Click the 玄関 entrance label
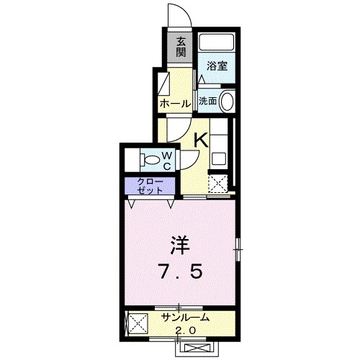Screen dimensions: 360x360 pyautogui.click(x=181, y=48)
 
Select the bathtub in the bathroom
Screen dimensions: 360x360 pyautogui.click(x=217, y=42)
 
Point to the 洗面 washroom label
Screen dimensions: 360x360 pyautogui.click(x=207, y=102)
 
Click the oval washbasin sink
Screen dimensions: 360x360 pyautogui.click(x=227, y=102)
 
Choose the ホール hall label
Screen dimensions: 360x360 pyautogui.click(x=175, y=104)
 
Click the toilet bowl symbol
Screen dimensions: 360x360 pyautogui.click(x=150, y=158)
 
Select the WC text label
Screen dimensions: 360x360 pyautogui.click(x=166, y=160)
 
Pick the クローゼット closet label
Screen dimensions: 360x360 pyautogui.click(x=149, y=186)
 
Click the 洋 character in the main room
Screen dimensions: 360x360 pyautogui.click(x=179, y=245)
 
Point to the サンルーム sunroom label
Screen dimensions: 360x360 pyautogui.click(x=185, y=318)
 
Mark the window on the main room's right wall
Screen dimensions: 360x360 pyautogui.click(x=238, y=250)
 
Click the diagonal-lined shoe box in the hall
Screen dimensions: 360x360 pyautogui.click(x=163, y=81)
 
